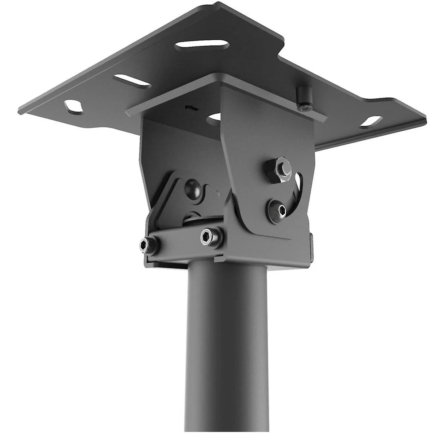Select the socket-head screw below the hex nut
278,208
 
